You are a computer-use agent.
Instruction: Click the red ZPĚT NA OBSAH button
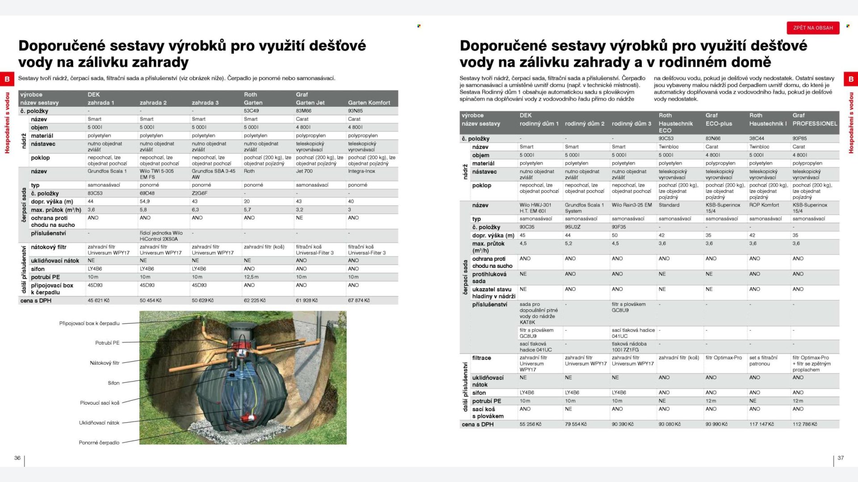(x=813, y=28)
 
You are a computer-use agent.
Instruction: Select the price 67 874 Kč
(x=359, y=300)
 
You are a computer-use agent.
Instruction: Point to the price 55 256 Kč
(x=530, y=424)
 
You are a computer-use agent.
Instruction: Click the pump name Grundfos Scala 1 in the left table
(x=107, y=171)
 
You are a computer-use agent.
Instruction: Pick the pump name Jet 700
(x=304, y=171)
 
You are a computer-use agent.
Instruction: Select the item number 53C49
(x=251, y=111)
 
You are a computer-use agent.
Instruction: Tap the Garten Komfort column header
(x=369, y=103)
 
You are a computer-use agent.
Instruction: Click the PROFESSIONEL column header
(x=815, y=124)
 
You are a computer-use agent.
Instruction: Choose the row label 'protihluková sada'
(x=489, y=277)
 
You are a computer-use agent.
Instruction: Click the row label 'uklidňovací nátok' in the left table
(x=55, y=261)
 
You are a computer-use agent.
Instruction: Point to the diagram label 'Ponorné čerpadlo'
(x=99, y=443)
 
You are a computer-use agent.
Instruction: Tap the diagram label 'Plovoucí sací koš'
(x=100, y=403)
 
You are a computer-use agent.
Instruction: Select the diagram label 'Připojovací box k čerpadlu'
(x=89, y=323)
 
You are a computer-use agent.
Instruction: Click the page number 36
(x=17, y=458)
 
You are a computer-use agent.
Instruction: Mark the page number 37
(x=841, y=458)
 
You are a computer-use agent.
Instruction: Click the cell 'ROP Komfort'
(x=764, y=205)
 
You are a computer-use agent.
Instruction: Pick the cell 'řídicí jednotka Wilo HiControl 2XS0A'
(x=161, y=236)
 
